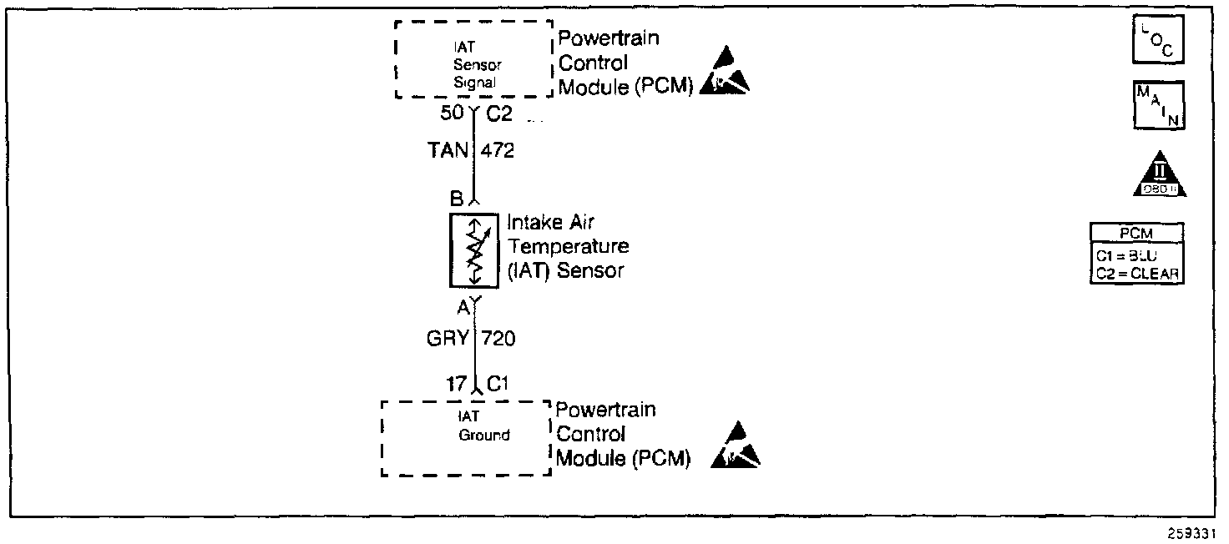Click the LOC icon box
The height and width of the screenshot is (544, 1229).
[1157, 39]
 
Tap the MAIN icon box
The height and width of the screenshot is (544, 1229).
[1157, 106]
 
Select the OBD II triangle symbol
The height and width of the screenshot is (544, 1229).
[1161, 175]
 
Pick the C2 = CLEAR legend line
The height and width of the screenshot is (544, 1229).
[1137, 272]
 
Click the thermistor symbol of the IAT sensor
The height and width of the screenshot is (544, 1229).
[474, 251]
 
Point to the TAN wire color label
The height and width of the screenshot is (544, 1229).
[448, 152]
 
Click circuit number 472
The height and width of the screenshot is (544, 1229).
[498, 152]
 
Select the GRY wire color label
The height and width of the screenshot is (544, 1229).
[448, 339]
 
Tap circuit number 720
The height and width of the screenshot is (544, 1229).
[498, 339]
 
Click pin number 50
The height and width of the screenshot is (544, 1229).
[452, 114]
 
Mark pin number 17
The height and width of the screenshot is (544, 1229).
[456, 384]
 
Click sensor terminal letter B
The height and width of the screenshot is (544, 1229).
[456, 200]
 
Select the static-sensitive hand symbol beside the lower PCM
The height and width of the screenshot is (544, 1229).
[735, 446]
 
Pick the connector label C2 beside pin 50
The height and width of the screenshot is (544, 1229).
[499, 114]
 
